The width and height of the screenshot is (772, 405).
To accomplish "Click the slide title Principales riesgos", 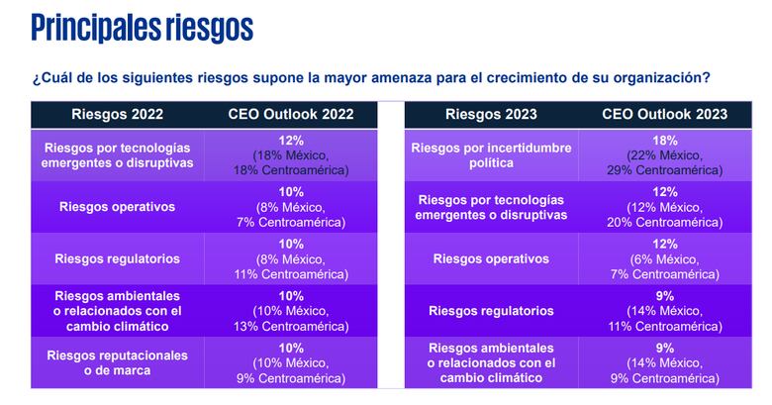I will click(x=142, y=28).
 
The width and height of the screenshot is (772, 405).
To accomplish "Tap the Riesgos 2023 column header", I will click(x=491, y=114).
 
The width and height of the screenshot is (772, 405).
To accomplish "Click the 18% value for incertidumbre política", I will click(x=665, y=142).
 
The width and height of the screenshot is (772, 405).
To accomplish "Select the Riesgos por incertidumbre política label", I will click(x=491, y=155).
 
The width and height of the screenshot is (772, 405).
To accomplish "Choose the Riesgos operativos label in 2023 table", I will click(x=491, y=258).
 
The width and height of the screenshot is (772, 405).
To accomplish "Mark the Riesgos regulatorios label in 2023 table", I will click(x=491, y=311).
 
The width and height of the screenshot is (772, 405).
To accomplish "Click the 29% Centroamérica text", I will click(x=665, y=170).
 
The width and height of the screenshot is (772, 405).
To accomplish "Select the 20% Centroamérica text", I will click(x=665, y=222).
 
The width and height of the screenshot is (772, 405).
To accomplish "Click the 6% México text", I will click(x=665, y=258).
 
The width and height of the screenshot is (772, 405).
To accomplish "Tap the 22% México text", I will click(x=665, y=155).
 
